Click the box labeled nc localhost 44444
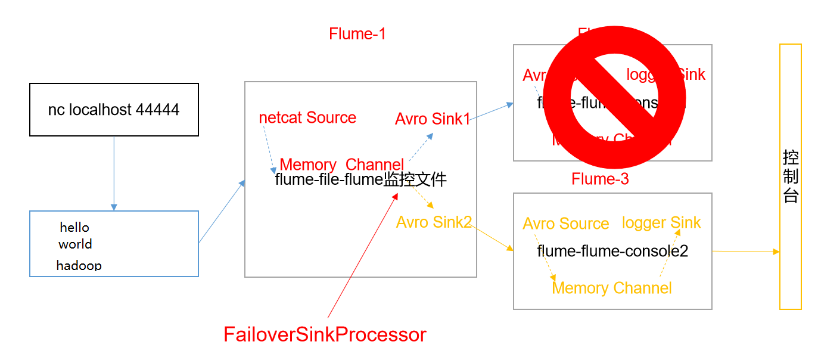coord(114,110)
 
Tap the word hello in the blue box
coord(74,227)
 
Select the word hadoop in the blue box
coord(79,265)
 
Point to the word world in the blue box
coord(75,244)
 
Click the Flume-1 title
coord(357,34)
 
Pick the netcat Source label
coord(307,117)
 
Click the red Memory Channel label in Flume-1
coord(341,165)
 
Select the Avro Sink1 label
coord(431,119)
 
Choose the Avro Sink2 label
coord(434,222)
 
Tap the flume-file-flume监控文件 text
coord(360,179)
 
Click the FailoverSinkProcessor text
coord(325,334)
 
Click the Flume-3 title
coord(600,179)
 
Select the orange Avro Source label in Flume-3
coord(565,224)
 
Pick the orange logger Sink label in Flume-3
coord(661,223)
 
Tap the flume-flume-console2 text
coord(612,251)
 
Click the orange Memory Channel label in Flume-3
coord(611,288)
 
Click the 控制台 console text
coord(790,177)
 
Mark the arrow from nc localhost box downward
coord(114,173)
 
